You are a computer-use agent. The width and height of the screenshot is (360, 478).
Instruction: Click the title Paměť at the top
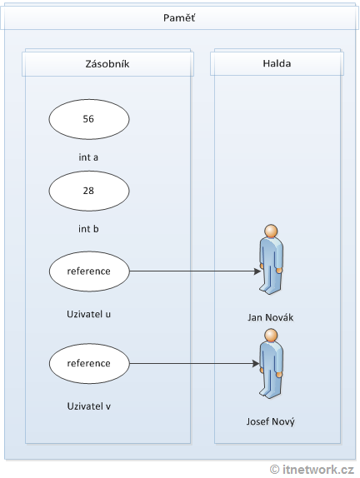coord(179,18)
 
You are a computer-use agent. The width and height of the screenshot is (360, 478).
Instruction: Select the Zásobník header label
coord(107,64)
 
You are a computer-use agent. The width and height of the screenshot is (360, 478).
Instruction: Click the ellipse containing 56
coord(88,119)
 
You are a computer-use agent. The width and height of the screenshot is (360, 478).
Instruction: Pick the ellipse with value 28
coord(88,191)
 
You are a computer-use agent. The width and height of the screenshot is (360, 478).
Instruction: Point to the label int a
coord(88,156)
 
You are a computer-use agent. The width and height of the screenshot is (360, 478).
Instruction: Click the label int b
coord(88,227)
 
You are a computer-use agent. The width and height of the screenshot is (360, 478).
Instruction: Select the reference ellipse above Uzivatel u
coord(88,271)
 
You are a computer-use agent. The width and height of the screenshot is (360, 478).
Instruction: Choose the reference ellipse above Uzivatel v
coord(88,363)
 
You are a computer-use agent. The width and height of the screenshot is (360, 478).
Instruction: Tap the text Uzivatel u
coord(88,314)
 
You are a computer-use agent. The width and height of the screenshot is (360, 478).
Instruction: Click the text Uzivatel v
coord(88,406)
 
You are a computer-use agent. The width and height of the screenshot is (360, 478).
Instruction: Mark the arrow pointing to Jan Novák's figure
coord(192,271)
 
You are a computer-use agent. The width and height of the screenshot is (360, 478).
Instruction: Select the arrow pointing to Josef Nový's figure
coord(192,363)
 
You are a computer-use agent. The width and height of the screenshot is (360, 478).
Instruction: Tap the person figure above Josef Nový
coord(270,363)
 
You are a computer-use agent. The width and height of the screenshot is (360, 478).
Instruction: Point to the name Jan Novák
coord(272,317)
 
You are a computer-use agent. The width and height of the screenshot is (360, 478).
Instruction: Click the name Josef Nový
coord(272,421)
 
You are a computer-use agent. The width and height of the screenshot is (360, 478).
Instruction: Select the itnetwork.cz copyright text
coord(312,470)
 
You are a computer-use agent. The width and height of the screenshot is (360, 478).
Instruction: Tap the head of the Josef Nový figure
coord(270,336)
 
